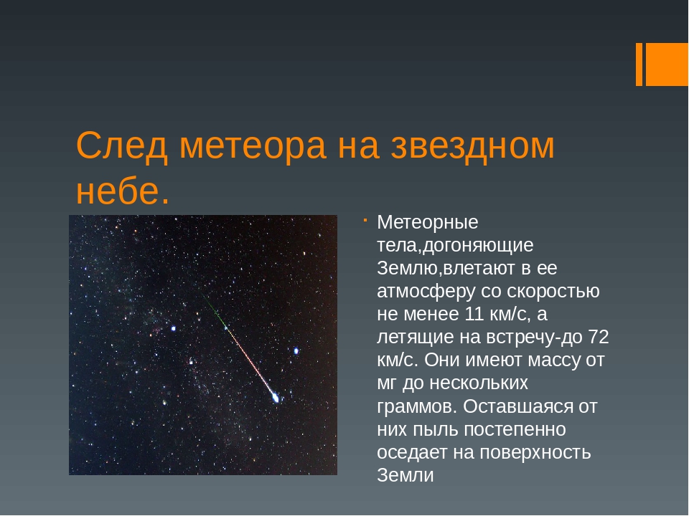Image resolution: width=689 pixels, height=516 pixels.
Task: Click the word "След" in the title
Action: click(122, 146)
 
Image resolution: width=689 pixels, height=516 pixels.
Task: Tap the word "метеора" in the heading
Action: click(253, 146)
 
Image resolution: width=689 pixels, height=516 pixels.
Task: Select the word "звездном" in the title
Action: click(472, 146)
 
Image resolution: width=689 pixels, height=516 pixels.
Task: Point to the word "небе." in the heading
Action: click(123, 191)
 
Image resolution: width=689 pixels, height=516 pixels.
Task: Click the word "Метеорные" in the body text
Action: click(428, 222)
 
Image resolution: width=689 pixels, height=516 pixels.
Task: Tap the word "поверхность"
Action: click(535, 453)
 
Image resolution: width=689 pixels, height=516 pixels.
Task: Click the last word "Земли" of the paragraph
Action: click(405, 475)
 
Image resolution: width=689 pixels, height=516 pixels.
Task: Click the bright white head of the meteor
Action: click(276, 398)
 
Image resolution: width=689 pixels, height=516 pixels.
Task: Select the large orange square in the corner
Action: click(667, 64)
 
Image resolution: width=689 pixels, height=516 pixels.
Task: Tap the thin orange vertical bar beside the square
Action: click(639, 64)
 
